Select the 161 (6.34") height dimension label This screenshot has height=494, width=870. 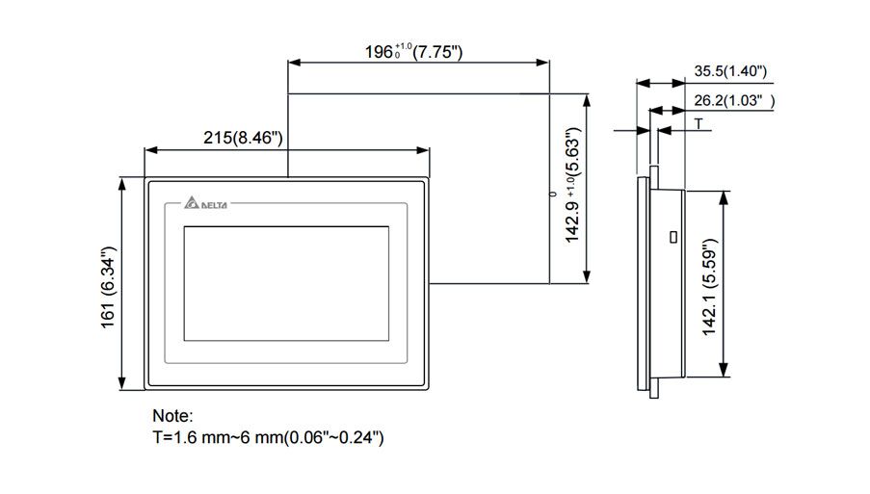click(x=108, y=286)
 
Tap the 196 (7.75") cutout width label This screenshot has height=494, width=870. click(x=415, y=51)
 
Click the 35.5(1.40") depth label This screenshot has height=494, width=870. click(x=728, y=70)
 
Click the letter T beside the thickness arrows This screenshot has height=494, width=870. click(x=699, y=124)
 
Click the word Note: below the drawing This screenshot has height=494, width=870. click(x=172, y=417)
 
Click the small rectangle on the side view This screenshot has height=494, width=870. click(x=672, y=237)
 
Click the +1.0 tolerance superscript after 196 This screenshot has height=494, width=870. click(x=403, y=45)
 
